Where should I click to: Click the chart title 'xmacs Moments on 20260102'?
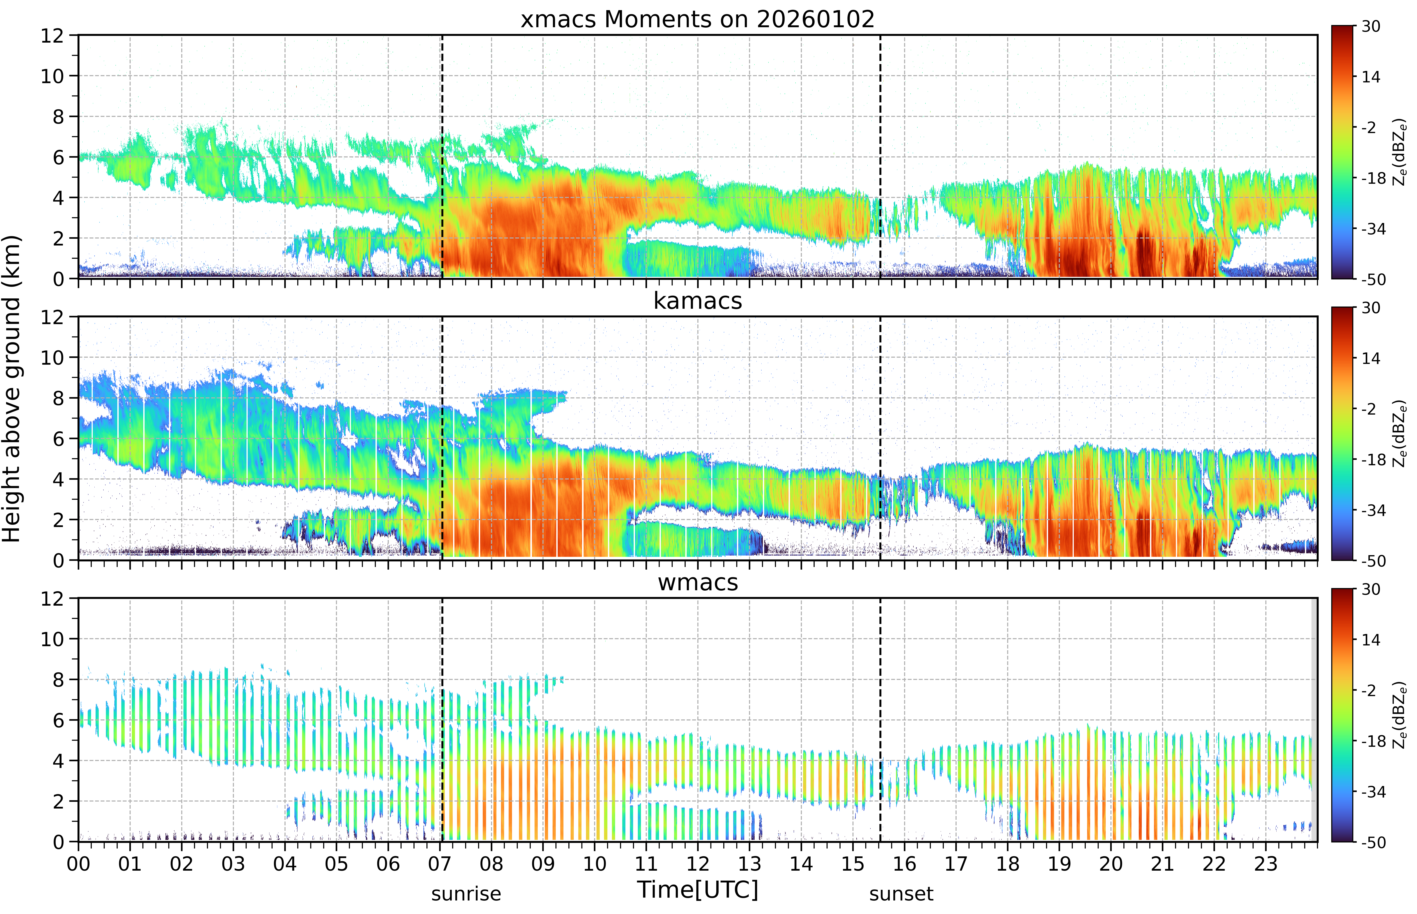point(698,20)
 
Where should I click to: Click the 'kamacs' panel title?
point(698,301)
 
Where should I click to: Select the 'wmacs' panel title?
point(698,582)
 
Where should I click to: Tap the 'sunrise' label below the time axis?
point(466,894)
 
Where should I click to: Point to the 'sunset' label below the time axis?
point(901,894)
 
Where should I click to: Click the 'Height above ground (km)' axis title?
point(12,389)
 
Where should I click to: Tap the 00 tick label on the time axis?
point(78,864)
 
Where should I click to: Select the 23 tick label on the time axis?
point(1266,864)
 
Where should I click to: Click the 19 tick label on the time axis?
point(1059,864)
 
